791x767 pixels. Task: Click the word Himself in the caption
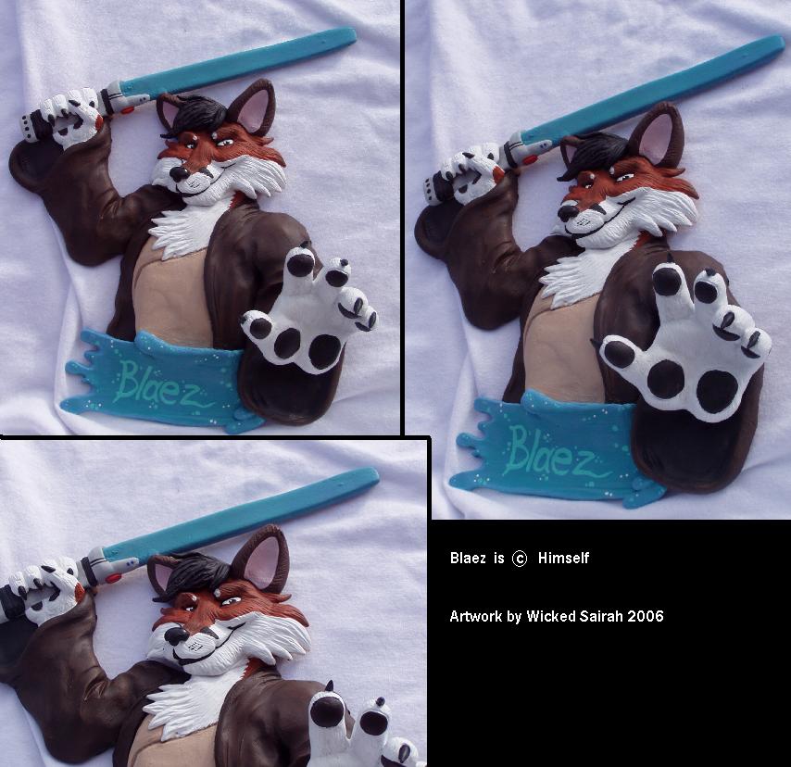(563, 558)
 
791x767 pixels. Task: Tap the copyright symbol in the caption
(520, 559)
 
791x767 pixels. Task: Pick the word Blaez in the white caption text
(468, 558)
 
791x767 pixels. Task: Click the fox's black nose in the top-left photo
(179, 174)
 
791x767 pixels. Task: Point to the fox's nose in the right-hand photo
(569, 212)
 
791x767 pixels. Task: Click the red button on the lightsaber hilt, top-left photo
(128, 110)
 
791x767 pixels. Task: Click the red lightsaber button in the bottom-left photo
(114, 578)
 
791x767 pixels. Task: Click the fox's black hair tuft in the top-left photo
(195, 116)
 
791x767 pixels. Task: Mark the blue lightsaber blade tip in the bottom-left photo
(375, 473)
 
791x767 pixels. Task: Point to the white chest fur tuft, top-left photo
(180, 230)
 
